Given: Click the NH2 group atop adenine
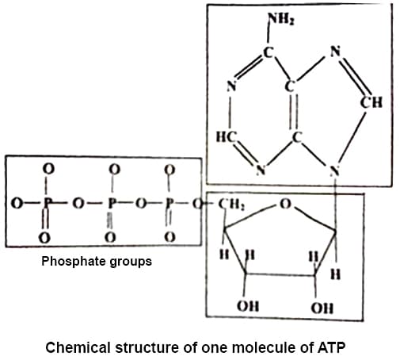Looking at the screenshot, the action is pyautogui.click(x=281, y=19).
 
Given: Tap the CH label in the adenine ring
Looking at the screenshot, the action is pyautogui.click(x=371, y=102).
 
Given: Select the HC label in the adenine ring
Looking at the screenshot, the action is pyautogui.click(x=227, y=137).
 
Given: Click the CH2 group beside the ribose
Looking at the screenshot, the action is pyautogui.click(x=231, y=204).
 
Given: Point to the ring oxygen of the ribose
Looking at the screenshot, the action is pyautogui.click(x=285, y=204).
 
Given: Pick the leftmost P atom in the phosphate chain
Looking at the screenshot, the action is pyautogui.click(x=47, y=204).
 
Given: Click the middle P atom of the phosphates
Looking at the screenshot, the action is pyautogui.click(x=112, y=204).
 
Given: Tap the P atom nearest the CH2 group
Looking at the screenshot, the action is pyautogui.click(x=170, y=204).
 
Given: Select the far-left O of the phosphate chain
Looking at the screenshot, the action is pyautogui.click(x=17, y=204).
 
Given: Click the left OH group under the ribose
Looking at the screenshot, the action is pyautogui.click(x=248, y=306).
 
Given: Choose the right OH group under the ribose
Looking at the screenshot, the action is pyautogui.click(x=322, y=308).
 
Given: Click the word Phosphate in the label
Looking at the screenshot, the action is pyautogui.click(x=73, y=262).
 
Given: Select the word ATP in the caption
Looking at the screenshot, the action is pyautogui.click(x=331, y=347).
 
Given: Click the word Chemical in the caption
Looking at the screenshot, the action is pyautogui.click(x=78, y=347).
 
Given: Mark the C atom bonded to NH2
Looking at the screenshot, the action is pyautogui.click(x=268, y=52).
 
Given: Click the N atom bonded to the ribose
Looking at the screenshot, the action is pyautogui.click(x=335, y=170).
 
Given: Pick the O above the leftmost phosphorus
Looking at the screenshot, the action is pyautogui.click(x=48, y=169).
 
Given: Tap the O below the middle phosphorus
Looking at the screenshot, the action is pyautogui.click(x=110, y=237).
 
